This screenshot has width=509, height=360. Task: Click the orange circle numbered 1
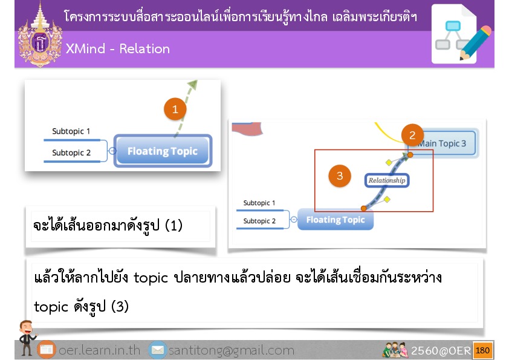(x=175, y=109)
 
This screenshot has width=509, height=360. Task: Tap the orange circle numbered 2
(x=412, y=135)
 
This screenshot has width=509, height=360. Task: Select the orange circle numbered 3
(x=340, y=176)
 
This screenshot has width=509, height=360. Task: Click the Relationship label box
(x=387, y=180)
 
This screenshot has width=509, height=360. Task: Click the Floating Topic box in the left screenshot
(x=163, y=151)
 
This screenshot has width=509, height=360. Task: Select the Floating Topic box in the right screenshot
(x=336, y=220)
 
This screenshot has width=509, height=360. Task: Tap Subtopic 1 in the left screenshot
(x=71, y=131)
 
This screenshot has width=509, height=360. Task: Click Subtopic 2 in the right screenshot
(x=259, y=221)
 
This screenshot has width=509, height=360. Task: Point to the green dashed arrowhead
(x=192, y=85)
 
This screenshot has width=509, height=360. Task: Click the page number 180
(x=482, y=350)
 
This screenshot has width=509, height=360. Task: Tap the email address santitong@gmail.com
(x=232, y=350)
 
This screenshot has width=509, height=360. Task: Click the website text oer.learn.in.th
(x=99, y=350)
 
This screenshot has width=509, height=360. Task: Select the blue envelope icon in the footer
(x=158, y=350)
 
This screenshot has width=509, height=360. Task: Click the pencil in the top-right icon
(x=475, y=43)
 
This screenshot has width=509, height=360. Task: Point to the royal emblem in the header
(x=40, y=35)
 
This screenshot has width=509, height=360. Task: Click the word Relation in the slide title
(x=144, y=49)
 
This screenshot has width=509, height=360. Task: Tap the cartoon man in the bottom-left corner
(x=27, y=337)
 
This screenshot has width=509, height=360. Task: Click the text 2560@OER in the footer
(x=441, y=350)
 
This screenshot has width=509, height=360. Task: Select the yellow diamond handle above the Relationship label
(x=389, y=162)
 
